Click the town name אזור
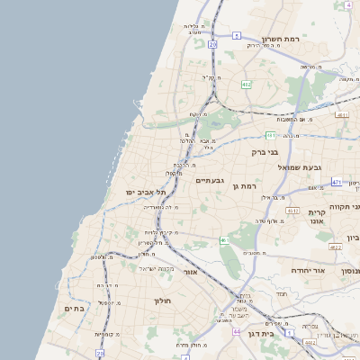[x=190, y=271]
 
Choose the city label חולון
[x=163, y=301]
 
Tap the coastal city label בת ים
[x=74, y=308]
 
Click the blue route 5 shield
[x=236, y=35]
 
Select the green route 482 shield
[x=247, y=85]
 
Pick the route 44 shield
[x=236, y=332]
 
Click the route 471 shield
[x=336, y=182]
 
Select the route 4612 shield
[x=310, y=342]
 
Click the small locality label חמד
[x=281, y=294]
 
